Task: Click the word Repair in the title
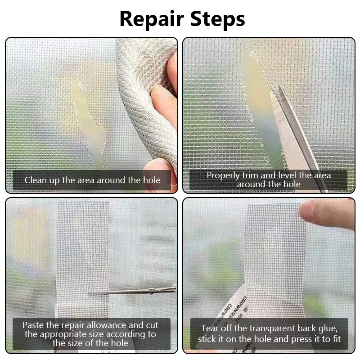(x=152, y=19)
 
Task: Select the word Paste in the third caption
(x=34, y=325)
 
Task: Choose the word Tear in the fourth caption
(x=210, y=328)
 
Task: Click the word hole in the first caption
(x=151, y=180)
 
